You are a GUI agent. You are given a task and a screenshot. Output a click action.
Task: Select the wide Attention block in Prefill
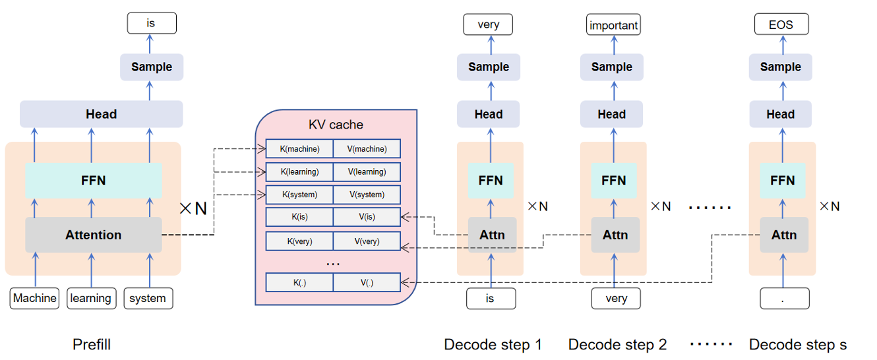coord(94,235)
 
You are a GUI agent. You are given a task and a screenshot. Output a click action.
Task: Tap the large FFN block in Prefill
coord(94,181)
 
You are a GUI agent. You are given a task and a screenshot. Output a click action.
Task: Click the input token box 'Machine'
coord(35,298)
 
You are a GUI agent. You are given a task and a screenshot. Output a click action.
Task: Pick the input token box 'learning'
coord(91,298)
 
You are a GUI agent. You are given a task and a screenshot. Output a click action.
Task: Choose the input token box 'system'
coord(148,298)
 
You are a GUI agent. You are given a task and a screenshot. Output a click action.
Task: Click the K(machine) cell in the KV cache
coord(299,149)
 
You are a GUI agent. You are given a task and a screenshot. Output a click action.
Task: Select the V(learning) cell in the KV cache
coord(367,172)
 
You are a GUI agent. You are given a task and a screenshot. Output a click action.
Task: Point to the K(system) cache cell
coord(299,195)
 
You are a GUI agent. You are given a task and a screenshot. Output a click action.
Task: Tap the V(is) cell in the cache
coord(367,218)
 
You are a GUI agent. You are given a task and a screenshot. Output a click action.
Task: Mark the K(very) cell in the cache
coord(299,241)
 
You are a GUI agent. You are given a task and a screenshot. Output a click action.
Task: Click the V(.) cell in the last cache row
coord(367,283)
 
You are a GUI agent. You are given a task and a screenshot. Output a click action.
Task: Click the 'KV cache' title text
coord(336,125)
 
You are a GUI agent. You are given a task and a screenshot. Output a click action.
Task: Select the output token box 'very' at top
coord(489,25)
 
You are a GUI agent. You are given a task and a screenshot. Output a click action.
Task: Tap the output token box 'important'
coord(613,26)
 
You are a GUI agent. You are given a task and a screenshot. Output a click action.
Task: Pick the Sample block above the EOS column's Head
coord(780,67)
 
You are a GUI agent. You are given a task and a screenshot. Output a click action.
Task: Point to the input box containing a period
coord(783,298)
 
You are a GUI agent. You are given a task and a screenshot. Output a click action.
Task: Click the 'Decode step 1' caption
coord(493,344)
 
